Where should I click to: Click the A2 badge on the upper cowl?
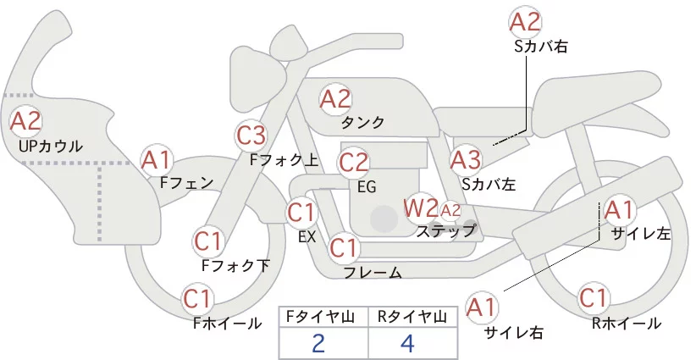tap(25, 121)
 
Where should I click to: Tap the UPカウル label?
tap(50, 147)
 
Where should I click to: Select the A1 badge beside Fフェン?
tap(157, 159)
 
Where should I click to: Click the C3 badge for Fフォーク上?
tap(251, 135)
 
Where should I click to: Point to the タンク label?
tap(362, 123)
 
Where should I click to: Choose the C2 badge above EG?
tap(353, 161)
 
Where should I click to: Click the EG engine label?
tap(367, 186)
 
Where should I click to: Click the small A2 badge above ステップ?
tap(450, 209)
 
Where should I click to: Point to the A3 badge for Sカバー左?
tap(465, 158)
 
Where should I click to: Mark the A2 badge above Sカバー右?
tap(525, 22)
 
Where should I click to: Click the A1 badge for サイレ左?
tap(617, 208)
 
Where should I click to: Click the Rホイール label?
tap(627, 324)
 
